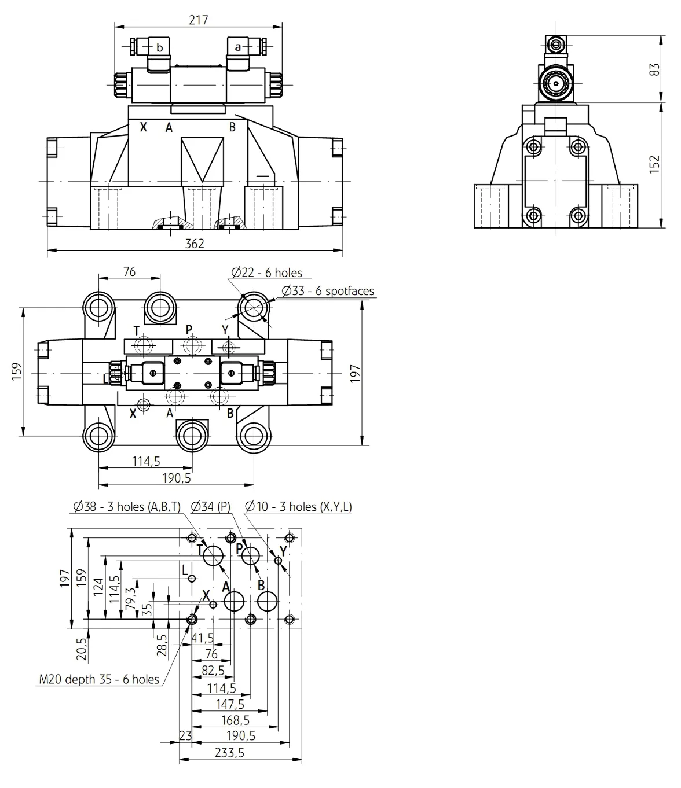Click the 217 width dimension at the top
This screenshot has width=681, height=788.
click(x=199, y=20)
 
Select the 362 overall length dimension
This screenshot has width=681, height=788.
click(x=195, y=244)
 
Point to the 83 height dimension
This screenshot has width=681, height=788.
click(x=654, y=69)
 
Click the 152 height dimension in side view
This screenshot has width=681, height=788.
click(x=654, y=164)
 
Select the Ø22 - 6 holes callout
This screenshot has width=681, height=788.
click(x=267, y=273)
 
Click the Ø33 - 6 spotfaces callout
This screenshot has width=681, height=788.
click(x=328, y=291)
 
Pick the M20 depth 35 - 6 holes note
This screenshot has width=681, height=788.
click(x=99, y=679)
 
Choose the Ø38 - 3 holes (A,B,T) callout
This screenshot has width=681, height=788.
click(x=127, y=507)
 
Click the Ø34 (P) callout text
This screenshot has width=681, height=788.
click(x=211, y=507)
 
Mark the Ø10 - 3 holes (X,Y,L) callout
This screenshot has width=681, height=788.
click(x=298, y=507)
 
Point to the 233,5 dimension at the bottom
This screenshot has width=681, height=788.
click(x=229, y=753)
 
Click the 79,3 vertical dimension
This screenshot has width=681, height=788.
click(x=130, y=598)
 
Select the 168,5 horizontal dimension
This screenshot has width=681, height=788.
click(x=235, y=720)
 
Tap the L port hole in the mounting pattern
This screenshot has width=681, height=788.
click(x=192, y=579)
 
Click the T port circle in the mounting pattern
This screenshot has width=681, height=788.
click(x=213, y=555)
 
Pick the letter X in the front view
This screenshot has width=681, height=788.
click(x=143, y=127)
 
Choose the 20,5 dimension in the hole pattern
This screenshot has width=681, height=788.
click(x=82, y=649)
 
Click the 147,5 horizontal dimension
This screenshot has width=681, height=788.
click(x=230, y=704)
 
